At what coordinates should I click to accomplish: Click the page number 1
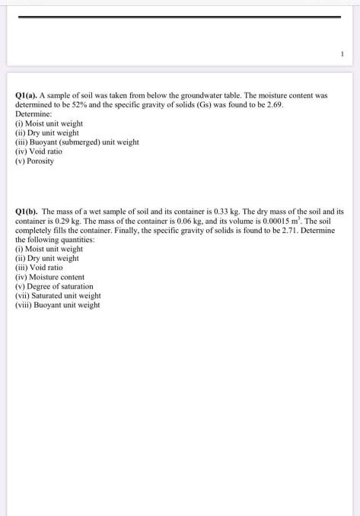[342, 53]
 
